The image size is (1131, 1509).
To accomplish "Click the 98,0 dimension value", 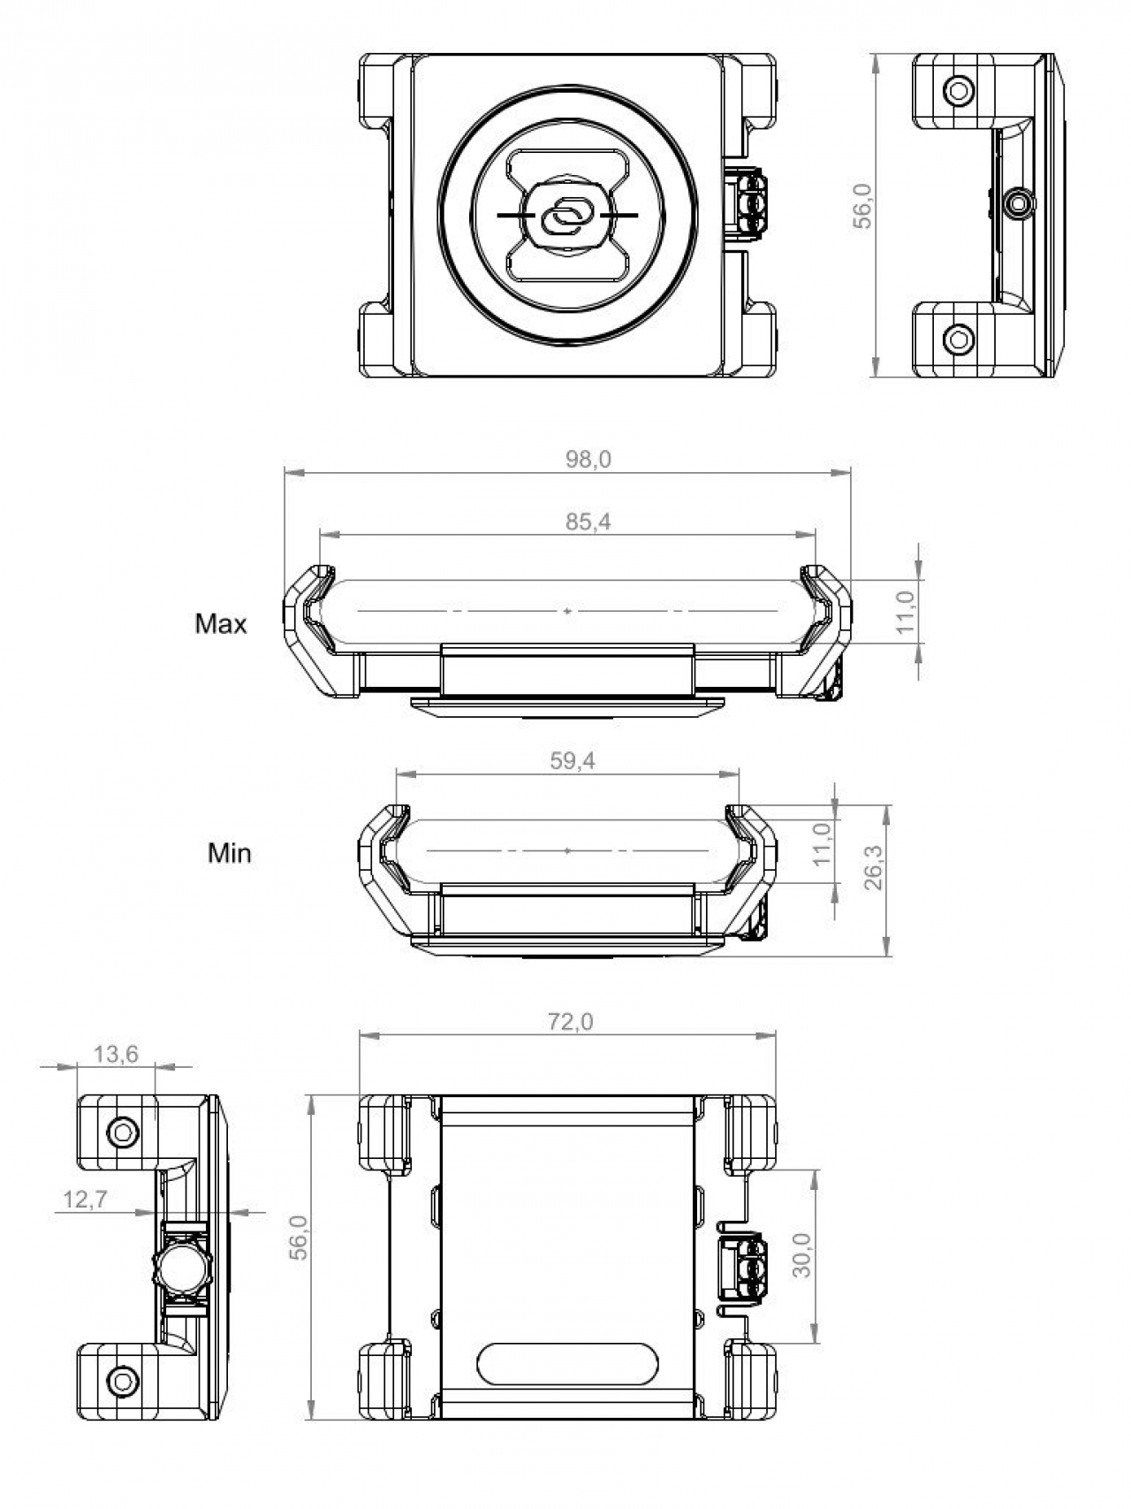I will tap(588, 460).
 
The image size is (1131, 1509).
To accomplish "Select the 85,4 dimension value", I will tap(588, 522).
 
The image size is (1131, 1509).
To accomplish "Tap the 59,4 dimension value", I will tap(573, 761).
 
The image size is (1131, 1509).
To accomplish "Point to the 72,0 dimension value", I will tap(571, 1022).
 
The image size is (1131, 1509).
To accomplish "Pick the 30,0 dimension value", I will tap(801, 1255).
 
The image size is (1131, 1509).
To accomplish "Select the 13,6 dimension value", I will tap(117, 1054).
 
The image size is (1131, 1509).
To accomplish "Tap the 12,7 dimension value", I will tap(86, 1200).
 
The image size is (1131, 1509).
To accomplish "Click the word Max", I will tap(221, 624).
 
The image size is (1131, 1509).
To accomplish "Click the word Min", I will tap(229, 853).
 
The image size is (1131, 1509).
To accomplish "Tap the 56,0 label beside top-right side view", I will tap(862, 206).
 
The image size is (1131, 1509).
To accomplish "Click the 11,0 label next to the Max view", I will tap(906, 612).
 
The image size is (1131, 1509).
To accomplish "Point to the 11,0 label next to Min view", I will tap(822, 844).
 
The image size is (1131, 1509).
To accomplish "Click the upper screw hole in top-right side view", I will tap(958, 89).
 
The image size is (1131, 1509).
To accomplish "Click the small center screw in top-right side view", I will tap(1019, 203).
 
